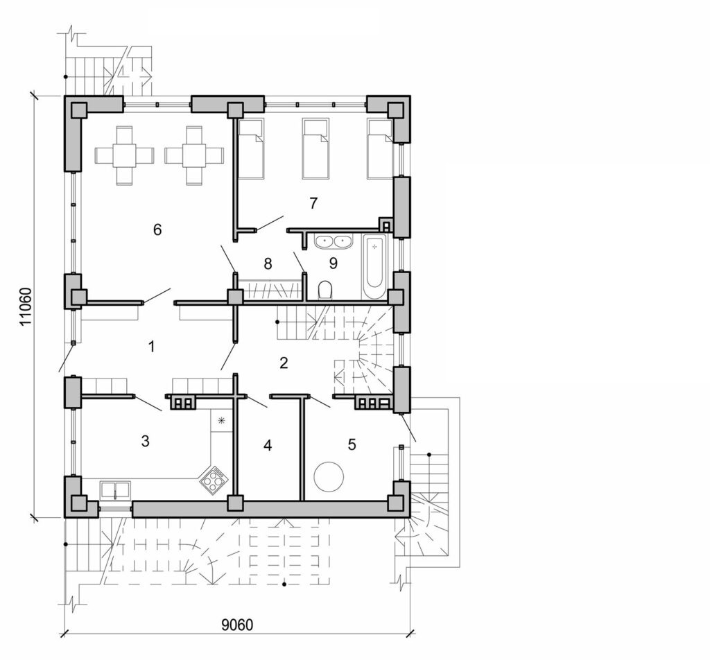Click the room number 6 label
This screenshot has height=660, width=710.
(x=157, y=229)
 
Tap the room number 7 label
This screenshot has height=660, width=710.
(x=313, y=203)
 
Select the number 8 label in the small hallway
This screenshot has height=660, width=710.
(x=268, y=263)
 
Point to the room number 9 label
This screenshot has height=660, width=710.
(x=333, y=263)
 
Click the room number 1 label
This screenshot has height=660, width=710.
(x=151, y=347)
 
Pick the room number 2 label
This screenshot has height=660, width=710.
(x=283, y=362)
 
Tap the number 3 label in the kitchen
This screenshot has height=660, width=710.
(x=145, y=441)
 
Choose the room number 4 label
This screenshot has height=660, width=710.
(x=268, y=445)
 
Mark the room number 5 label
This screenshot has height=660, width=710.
(x=352, y=444)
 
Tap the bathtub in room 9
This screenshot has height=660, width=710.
(x=374, y=267)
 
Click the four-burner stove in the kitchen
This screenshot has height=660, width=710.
(x=214, y=478)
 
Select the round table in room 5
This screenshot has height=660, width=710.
(x=328, y=478)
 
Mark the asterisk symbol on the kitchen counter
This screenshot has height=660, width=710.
(x=222, y=420)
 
